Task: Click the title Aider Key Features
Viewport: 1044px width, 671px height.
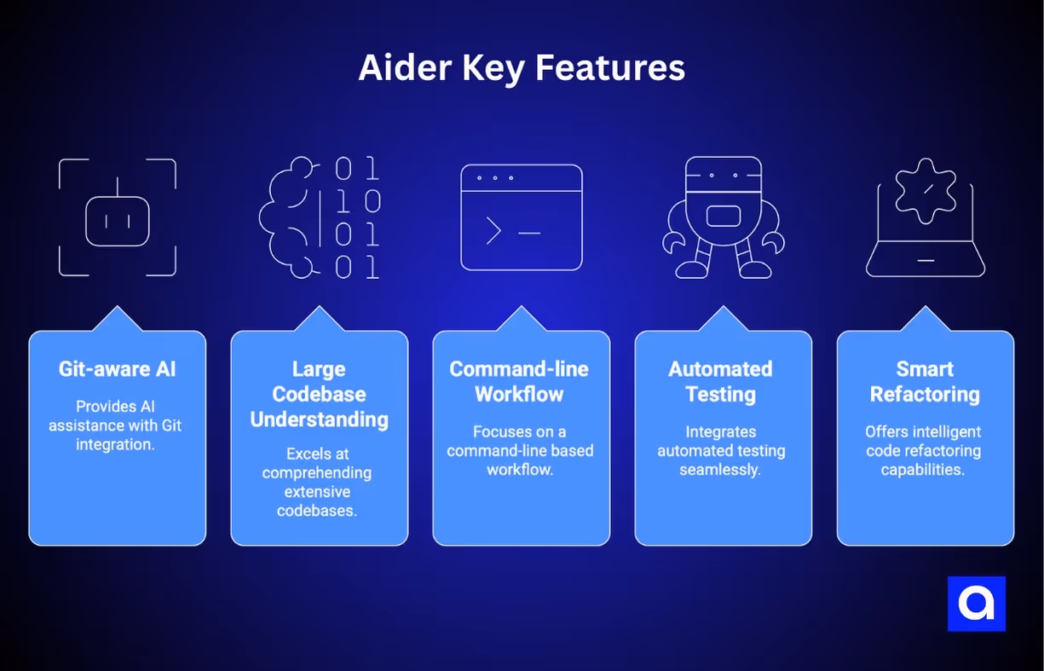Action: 522,68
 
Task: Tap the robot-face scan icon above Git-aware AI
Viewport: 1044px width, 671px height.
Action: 118,217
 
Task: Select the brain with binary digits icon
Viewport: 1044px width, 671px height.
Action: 320,217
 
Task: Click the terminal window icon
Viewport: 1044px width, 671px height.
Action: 522,217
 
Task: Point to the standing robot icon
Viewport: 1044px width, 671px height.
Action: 723,217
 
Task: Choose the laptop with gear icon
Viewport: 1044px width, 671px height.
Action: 926,217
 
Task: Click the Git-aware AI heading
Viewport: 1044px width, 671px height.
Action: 118,369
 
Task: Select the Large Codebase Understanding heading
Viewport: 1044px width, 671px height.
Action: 320,394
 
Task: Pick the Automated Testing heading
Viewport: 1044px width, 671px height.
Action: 721,381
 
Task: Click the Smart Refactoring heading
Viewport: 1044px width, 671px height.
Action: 925,381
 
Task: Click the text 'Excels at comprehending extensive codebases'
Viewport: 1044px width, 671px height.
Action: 317,482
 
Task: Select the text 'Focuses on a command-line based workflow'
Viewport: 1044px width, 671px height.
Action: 520,450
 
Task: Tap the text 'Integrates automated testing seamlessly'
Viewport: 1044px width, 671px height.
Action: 721,450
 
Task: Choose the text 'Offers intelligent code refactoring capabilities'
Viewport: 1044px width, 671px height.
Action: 923,450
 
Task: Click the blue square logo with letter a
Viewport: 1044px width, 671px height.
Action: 976,604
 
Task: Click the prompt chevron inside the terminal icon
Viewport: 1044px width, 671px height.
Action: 493,231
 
